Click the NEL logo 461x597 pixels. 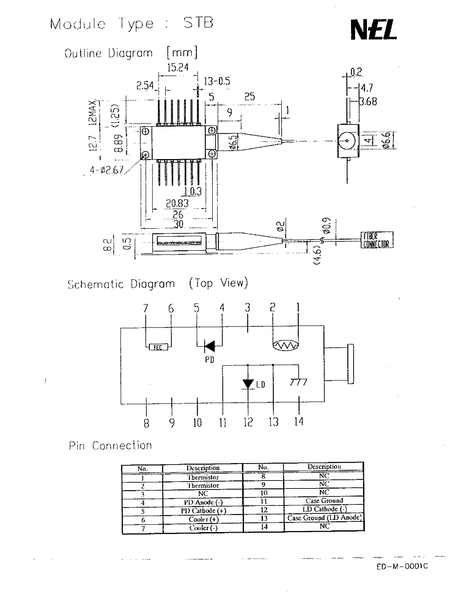click(x=374, y=29)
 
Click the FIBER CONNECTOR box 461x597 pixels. click(x=377, y=240)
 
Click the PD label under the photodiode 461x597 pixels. click(x=210, y=360)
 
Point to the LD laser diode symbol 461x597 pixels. click(x=248, y=384)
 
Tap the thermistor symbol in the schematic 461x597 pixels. click(x=286, y=346)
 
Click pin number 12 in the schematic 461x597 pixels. click(x=248, y=421)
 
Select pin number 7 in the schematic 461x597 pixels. click(x=146, y=309)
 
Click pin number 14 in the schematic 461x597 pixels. click(x=298, y=421)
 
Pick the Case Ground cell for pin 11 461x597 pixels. click(x=324, y=500)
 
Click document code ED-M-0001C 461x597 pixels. click(x=402, y=566)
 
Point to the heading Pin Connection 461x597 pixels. click(x=110, y=446)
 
